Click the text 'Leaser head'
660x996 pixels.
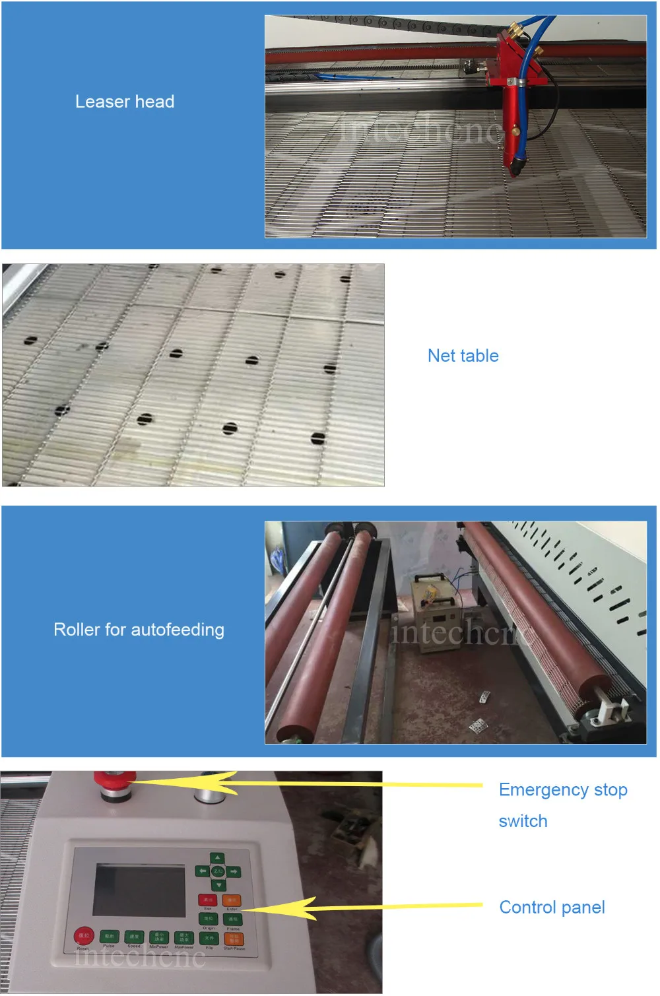tap(125, 102)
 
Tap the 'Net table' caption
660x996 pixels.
tap(463, 356)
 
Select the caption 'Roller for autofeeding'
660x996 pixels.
tap(139, 630)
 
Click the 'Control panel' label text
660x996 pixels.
tap(552, 908)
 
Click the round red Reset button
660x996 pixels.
tap(84, 936)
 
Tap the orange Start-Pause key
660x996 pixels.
tap(234, 939)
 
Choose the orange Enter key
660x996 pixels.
tap(232, 900)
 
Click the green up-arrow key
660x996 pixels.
tap(218, 858)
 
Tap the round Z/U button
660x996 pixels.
tap(218, 871)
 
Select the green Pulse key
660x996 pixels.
tap(109, 937)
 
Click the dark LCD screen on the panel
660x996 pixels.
tap(139, 889)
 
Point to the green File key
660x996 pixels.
tap(209, 938)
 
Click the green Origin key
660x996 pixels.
tap(209, 919)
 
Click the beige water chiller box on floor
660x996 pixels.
tap(436, 605)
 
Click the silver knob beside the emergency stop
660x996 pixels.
tap(209, 789)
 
